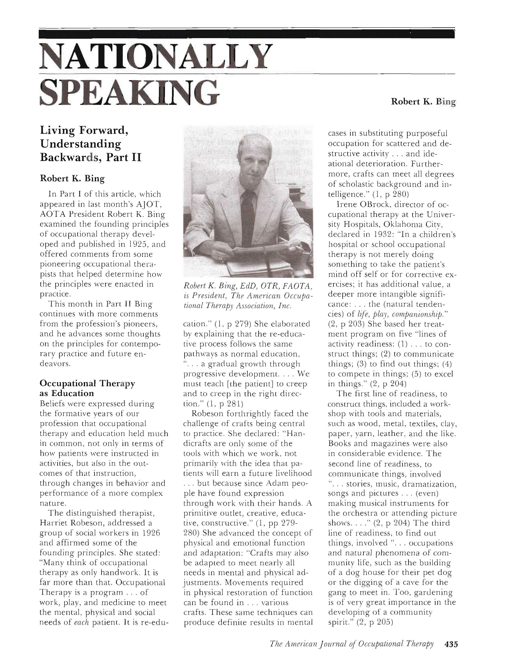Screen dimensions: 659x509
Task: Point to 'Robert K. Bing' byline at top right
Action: (423, 102)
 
